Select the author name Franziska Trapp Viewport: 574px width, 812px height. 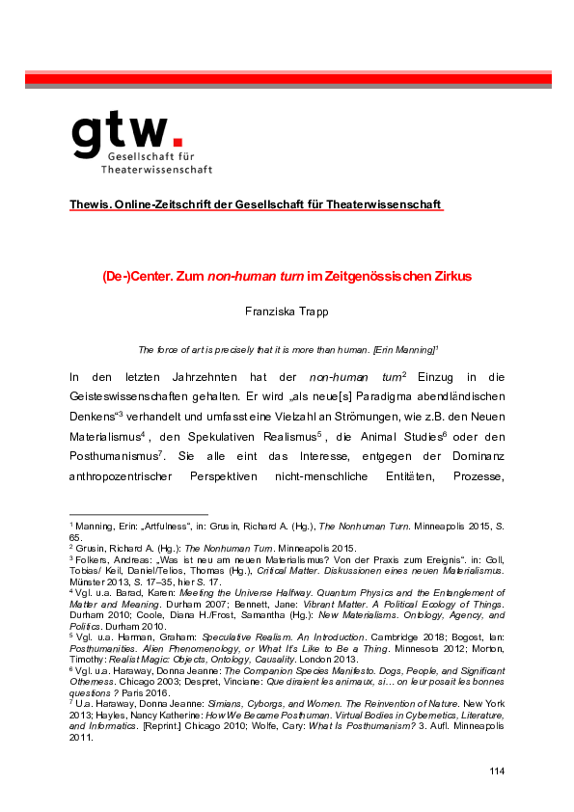pos(287,312)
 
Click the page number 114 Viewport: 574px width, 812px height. pos(497,771)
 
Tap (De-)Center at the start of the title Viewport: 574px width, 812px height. pos(130,276)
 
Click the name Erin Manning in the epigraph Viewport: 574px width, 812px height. pos(397,349)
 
